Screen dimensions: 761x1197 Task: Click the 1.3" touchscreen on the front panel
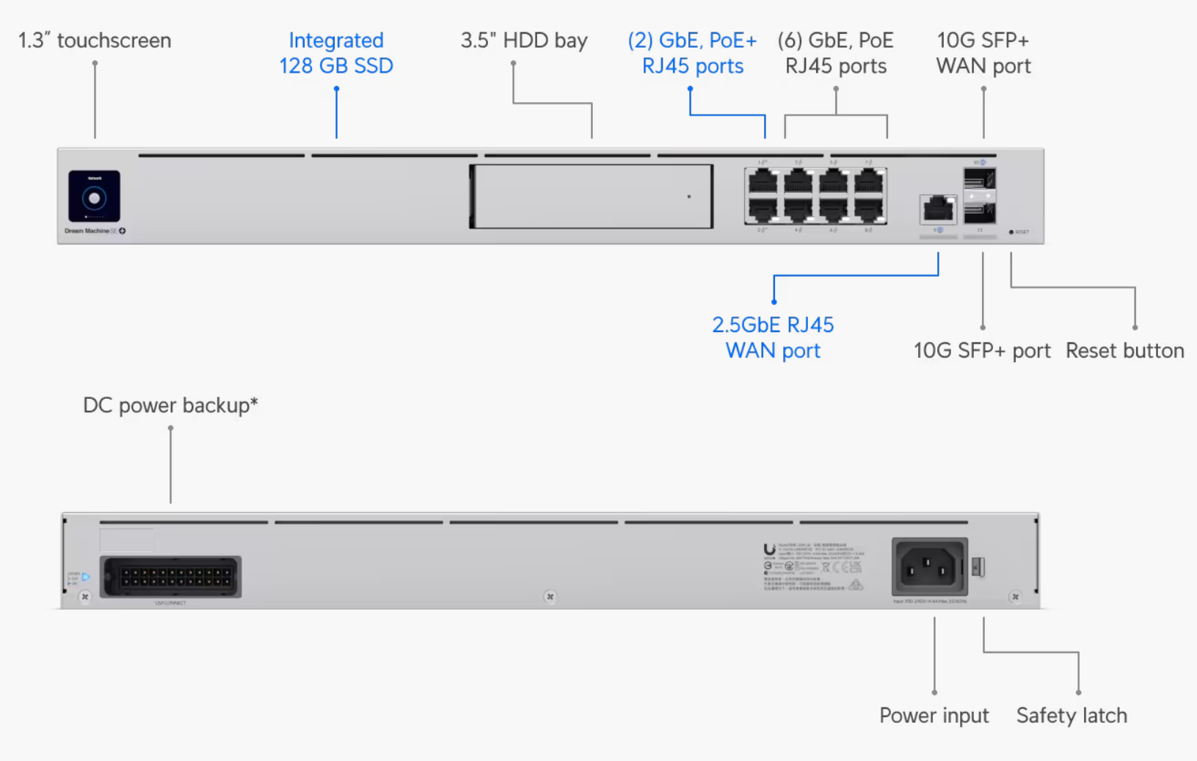click(x=94, y=196)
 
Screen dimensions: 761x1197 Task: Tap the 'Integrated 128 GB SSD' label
click(x=336, y=53)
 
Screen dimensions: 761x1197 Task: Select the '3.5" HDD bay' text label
click(x=524, y=40)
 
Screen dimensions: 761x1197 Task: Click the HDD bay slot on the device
click(x=592, y=196)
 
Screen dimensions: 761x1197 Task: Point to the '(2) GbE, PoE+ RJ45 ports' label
click(x=692, y=53)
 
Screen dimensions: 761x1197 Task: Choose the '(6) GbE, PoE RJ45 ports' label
click(x=835, y=53)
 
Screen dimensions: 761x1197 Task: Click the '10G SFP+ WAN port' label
click(x=983, y=53)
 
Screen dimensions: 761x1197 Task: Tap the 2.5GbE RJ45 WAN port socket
click(x=938, y=209)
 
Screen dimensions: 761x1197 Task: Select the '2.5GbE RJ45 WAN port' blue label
click(x=773, y=337)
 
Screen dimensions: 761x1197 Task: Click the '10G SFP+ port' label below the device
click(x=982, y=350)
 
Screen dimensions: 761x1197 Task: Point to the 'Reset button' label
click(x=1124, y=350)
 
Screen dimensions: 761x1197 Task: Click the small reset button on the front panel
click(x=1011, y=232)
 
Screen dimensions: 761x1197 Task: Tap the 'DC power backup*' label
click(x=170, y=405)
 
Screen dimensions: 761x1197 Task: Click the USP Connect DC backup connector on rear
click(x=170, y=577)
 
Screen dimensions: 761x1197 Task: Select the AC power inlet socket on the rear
click(x=929, y=567)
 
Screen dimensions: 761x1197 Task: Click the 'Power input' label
click(x=934, y=715)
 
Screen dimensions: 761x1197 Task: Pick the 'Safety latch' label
click(x=1072, y=715)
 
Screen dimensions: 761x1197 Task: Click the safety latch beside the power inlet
click(x=978, y=566)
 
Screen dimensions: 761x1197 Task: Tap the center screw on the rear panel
click(x=550, y=596)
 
